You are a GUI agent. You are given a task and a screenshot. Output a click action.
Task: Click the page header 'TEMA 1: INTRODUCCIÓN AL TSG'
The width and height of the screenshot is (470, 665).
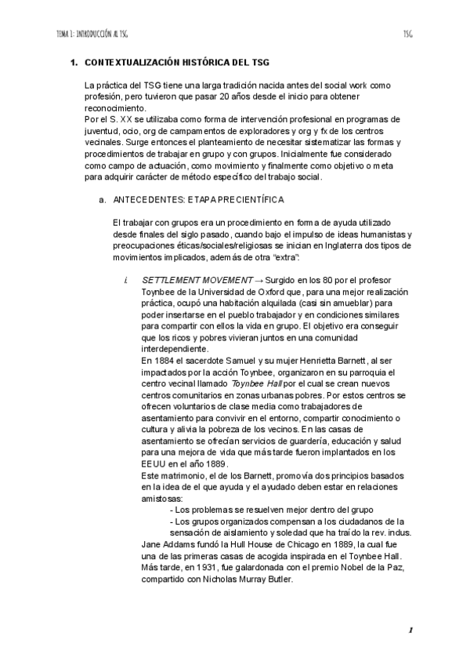click(x=92, y=35)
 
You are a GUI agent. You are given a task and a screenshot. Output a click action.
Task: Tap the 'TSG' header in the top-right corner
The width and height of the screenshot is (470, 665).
click(x=407, y=35)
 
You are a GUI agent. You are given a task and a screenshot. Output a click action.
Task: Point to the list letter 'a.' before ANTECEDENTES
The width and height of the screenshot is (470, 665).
click(x=102, y=200)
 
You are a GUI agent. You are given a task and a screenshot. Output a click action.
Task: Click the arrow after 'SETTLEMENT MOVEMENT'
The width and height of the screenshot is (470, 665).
click(x=258, y=281)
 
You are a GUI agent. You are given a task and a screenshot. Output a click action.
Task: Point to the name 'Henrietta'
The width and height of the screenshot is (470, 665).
click(x=315, y=358)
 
